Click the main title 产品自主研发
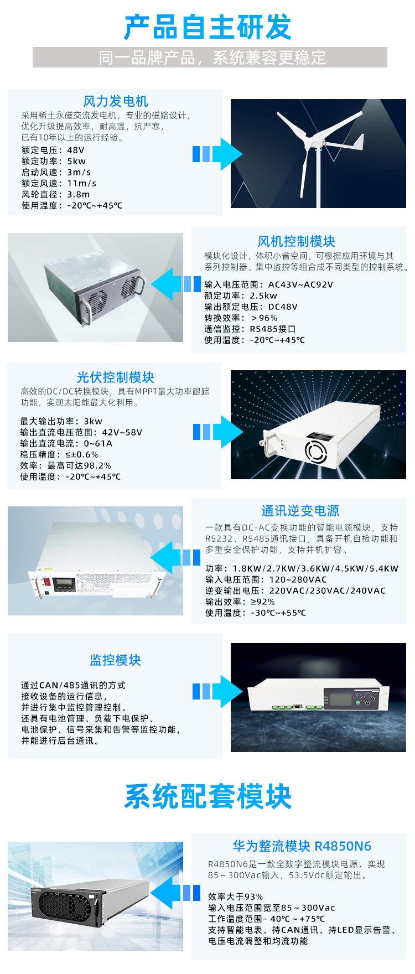pyautogui.click(x=207, y=28)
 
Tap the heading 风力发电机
pyautogui.click(x=115, y=101)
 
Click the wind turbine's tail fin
pyautogui.click(x=357, y=143)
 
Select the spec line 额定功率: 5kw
pyautogui.click(x=54, y=161)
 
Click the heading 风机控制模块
pyautogui.click(x=296, y=241)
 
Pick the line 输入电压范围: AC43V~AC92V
pyautogui.click(x=268, y=284)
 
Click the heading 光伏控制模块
pyautogui.click(x=115, y=377)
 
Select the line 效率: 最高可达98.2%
pyautogui.click(x=65, y=465)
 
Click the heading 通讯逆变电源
pyautogui.click(x=300, y=511)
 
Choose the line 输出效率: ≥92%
pyautogui.click(x=240, y=602)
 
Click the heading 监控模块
pyautogui.click(x=115, y=660)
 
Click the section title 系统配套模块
pyautogui.click(x=207, y=797)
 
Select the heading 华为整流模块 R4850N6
pyautogui.click(x=302, y=846)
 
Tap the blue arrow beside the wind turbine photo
pyautogui.click(x=217, y=154)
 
